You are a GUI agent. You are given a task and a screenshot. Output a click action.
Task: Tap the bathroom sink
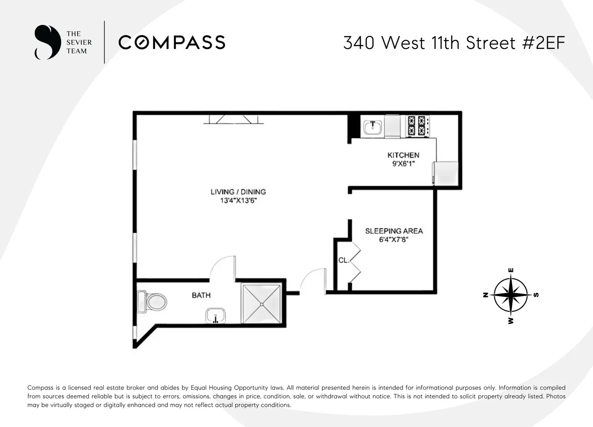tap(215, 315)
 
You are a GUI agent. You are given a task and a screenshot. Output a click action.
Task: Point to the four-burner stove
tap(418, 126)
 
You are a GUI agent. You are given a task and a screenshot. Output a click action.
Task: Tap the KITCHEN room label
tap(403, 155)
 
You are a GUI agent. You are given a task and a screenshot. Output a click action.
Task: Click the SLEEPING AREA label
tap(394, 231)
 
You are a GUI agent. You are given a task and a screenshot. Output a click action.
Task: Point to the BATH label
tap(201, 296)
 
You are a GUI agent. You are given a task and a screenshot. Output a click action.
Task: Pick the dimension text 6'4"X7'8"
tap(394, 240)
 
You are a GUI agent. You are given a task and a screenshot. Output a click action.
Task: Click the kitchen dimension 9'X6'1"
tap(403, 164)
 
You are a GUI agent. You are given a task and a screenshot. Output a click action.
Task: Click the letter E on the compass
tap(511, 270)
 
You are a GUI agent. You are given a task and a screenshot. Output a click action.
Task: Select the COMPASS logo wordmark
tap(171, 43)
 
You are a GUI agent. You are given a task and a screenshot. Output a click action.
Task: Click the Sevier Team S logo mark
tap(44, 43)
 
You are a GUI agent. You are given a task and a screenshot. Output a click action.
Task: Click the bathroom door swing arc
tap(221, 267)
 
